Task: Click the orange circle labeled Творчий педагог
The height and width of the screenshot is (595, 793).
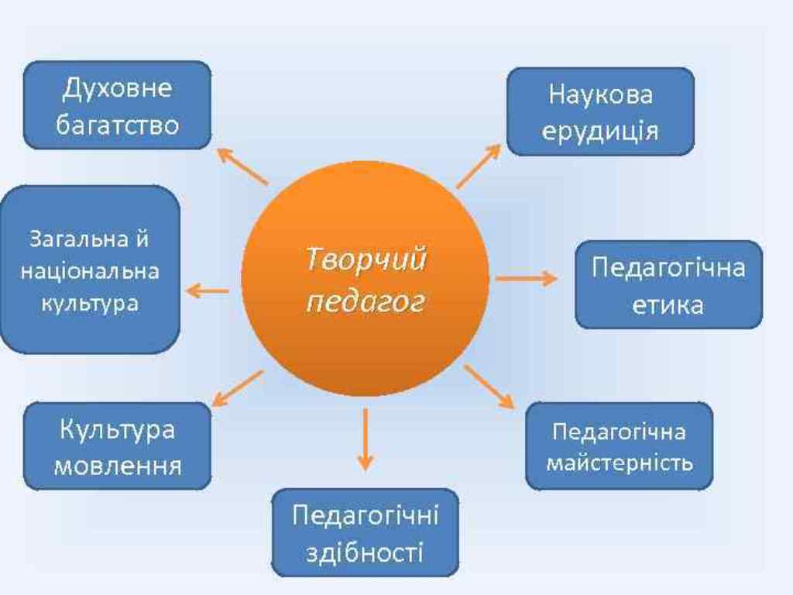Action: click(x=366, y=279)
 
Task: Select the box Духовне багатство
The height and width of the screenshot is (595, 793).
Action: click(x=118, y=105)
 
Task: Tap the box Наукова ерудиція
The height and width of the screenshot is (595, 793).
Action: click(x=600, y=112)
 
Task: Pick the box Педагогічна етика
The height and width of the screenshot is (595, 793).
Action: click(x=668, y=285)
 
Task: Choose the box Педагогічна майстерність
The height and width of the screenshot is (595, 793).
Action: click(x=620, y=446)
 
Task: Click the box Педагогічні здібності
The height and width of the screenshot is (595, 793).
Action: click(x=366, y=533)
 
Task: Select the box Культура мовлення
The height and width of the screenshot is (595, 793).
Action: click(x=118, y=446)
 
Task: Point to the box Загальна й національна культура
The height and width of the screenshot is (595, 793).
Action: click(x=90, y=270)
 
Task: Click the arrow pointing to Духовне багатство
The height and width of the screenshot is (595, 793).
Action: click(x=242, y=166)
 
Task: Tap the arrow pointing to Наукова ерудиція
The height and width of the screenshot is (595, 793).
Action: click(x=479, y=166)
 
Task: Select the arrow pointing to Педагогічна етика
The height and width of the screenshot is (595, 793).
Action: click(x=526, y=278)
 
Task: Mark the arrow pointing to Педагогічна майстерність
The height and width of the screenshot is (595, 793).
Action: click(x=489, y=387)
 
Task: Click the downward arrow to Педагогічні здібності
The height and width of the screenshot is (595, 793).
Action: click(x=366, y=439)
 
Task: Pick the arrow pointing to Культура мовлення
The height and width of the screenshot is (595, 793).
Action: click(x=238, y=389)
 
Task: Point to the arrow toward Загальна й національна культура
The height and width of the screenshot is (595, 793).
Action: click(x=208, y=291)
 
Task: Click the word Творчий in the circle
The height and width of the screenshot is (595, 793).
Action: click(x=366, y=260)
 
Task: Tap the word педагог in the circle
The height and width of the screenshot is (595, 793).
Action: click(x=366, y=303)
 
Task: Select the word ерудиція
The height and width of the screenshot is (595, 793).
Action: click(x=600, y=132)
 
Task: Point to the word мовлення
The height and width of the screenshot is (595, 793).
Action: click(x=118, y=466)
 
